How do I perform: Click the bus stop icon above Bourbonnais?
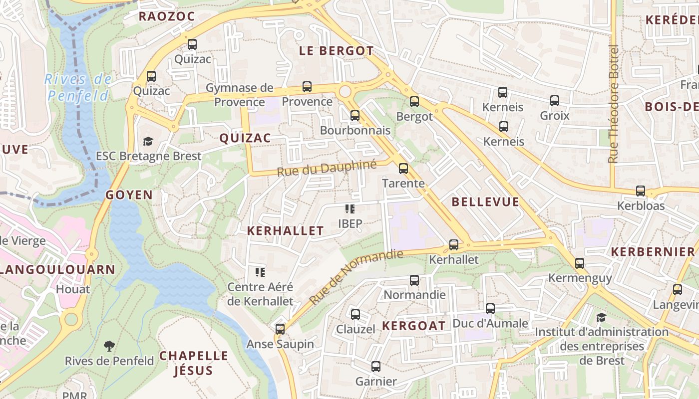tap(355, 116)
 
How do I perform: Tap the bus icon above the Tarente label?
tap(403, 169)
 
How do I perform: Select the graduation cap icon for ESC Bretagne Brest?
tap(148, 142)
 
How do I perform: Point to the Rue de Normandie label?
tap(355, 277)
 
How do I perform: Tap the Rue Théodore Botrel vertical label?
tap(614, 104)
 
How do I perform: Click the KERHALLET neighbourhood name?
tap(286, 230)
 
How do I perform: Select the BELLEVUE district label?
tap(485, 202)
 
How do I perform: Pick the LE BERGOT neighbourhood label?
tap(336, 51)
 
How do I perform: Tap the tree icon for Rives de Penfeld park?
tap(109, 346)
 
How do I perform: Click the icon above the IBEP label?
tap(350, 209)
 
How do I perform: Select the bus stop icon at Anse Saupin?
tap(280, 329)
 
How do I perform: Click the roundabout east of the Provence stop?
tap(345, 91)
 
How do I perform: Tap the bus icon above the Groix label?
tap(555, 101)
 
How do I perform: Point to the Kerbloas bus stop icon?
tap(641, 191)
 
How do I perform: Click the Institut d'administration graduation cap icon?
tap(601, 317)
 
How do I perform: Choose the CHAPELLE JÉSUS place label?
tap(194, 363)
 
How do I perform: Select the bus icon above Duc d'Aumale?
tap(490, 309)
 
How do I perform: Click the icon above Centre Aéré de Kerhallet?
tap(260, 272)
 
